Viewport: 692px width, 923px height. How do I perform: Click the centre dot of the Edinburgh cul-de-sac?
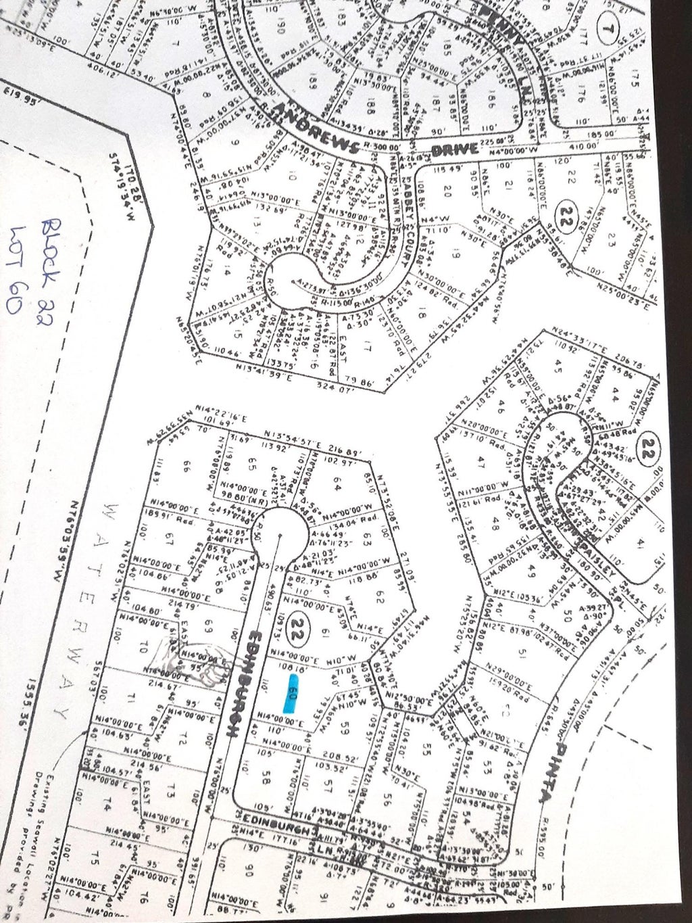point(278,536)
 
